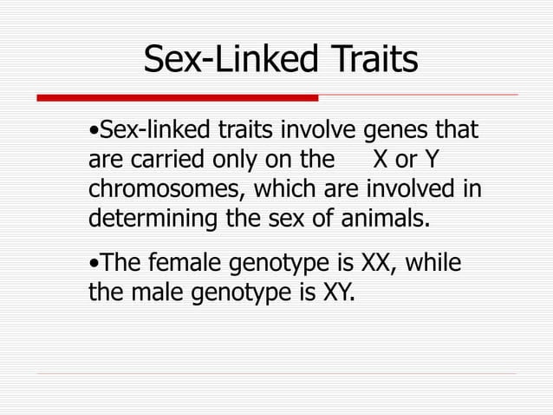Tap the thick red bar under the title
[x=179, y=97]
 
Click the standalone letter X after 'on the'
[x=380, y=161]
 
